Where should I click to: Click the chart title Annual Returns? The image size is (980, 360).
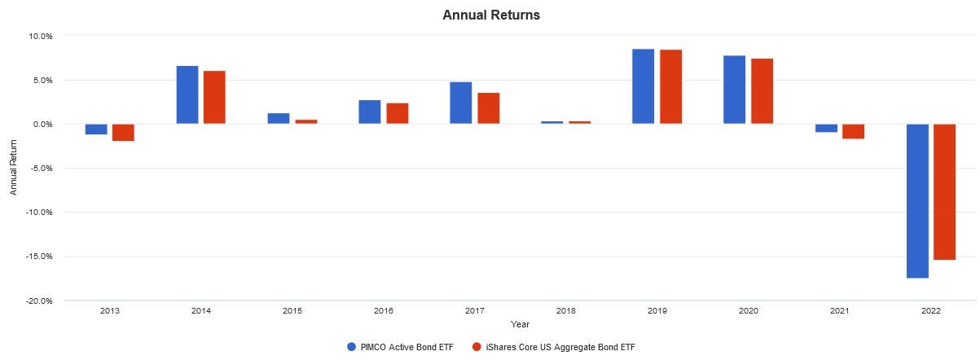(490, 15)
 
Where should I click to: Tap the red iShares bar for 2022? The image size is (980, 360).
(944, 191)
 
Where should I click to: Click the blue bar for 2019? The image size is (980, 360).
(643, 86)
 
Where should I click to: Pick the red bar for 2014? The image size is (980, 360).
(214, 97)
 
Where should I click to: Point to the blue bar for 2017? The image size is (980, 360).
(460, 103)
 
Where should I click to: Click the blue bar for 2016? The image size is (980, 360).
(369, 112)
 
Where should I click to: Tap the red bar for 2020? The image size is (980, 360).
(762, 91)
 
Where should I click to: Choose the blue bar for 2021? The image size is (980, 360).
(826, 128)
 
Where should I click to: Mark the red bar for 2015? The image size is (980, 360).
(305, 121)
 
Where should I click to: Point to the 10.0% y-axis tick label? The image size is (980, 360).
(41, 36)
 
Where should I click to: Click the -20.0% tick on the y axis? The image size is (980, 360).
(39, 301)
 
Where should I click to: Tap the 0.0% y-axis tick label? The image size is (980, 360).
(42, 124)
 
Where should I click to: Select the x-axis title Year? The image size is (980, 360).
(520, 324)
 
